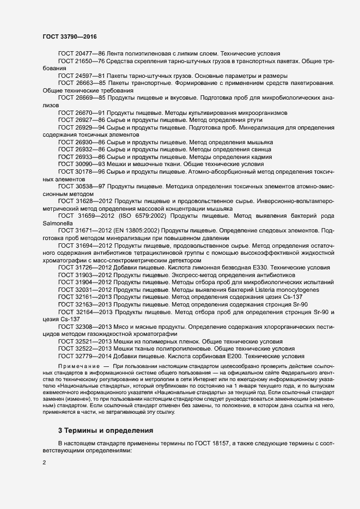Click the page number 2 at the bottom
click(44, 463)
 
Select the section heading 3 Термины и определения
click(106, 415)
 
